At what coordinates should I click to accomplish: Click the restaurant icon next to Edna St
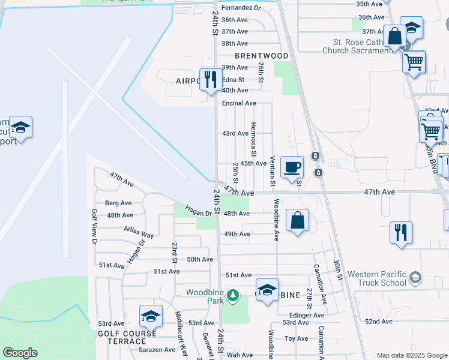click(x=210, y=80)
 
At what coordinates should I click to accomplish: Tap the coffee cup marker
click(x=292, y=167)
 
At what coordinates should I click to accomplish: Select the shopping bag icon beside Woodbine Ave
click(x=298, y=220)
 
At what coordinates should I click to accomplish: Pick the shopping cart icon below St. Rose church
click(x=414, y=62)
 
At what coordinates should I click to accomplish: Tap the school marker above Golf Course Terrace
click(x=151, y=316)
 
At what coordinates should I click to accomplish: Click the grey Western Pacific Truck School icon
click(x=415, y=277)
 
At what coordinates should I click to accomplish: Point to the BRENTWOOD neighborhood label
click(x=262, y=56)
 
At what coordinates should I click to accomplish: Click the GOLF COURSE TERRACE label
click(x=127, y=337)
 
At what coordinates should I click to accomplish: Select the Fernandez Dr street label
click(x=241, y=8)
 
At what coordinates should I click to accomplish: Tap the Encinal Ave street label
click(x=235, y=103)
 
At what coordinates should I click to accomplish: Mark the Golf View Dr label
click(x=94, y=226)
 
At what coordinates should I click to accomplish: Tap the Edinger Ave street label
click(x=306, y=315)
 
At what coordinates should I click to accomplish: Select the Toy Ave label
click(x=296, y=338)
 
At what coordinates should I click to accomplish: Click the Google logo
click(x=20, y=353)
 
